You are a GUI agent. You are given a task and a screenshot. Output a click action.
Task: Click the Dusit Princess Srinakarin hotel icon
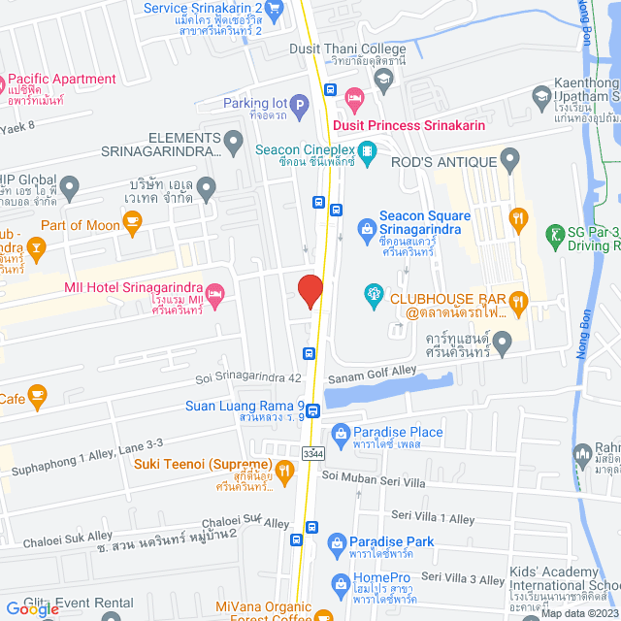[354, 96]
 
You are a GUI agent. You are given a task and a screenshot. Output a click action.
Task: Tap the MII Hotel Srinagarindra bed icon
[216, 290]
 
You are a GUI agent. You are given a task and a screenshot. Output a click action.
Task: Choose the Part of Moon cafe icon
[132, 225]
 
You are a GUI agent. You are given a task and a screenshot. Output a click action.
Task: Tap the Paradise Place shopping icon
[340, 432]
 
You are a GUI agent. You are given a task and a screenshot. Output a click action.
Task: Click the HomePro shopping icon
[340, 583]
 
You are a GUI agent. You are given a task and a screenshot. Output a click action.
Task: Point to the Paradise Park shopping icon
[336, 541]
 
